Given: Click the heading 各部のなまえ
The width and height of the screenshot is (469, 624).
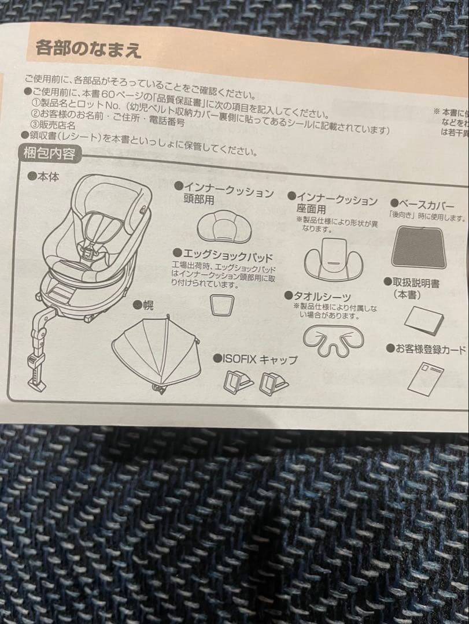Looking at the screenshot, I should pyautogui.click(x=88, y=48).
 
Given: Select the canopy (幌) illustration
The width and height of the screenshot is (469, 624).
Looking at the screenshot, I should pyautogui.click(x=156, y=349).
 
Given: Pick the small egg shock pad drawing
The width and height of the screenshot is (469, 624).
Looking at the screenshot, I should pyautogui.click(x=221, y=304).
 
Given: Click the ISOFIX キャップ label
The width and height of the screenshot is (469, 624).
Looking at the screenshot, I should pyautogui.click(x=260, y=359).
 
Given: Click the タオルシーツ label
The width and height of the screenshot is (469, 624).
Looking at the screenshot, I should pyautogui.click(x=322, y=296).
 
